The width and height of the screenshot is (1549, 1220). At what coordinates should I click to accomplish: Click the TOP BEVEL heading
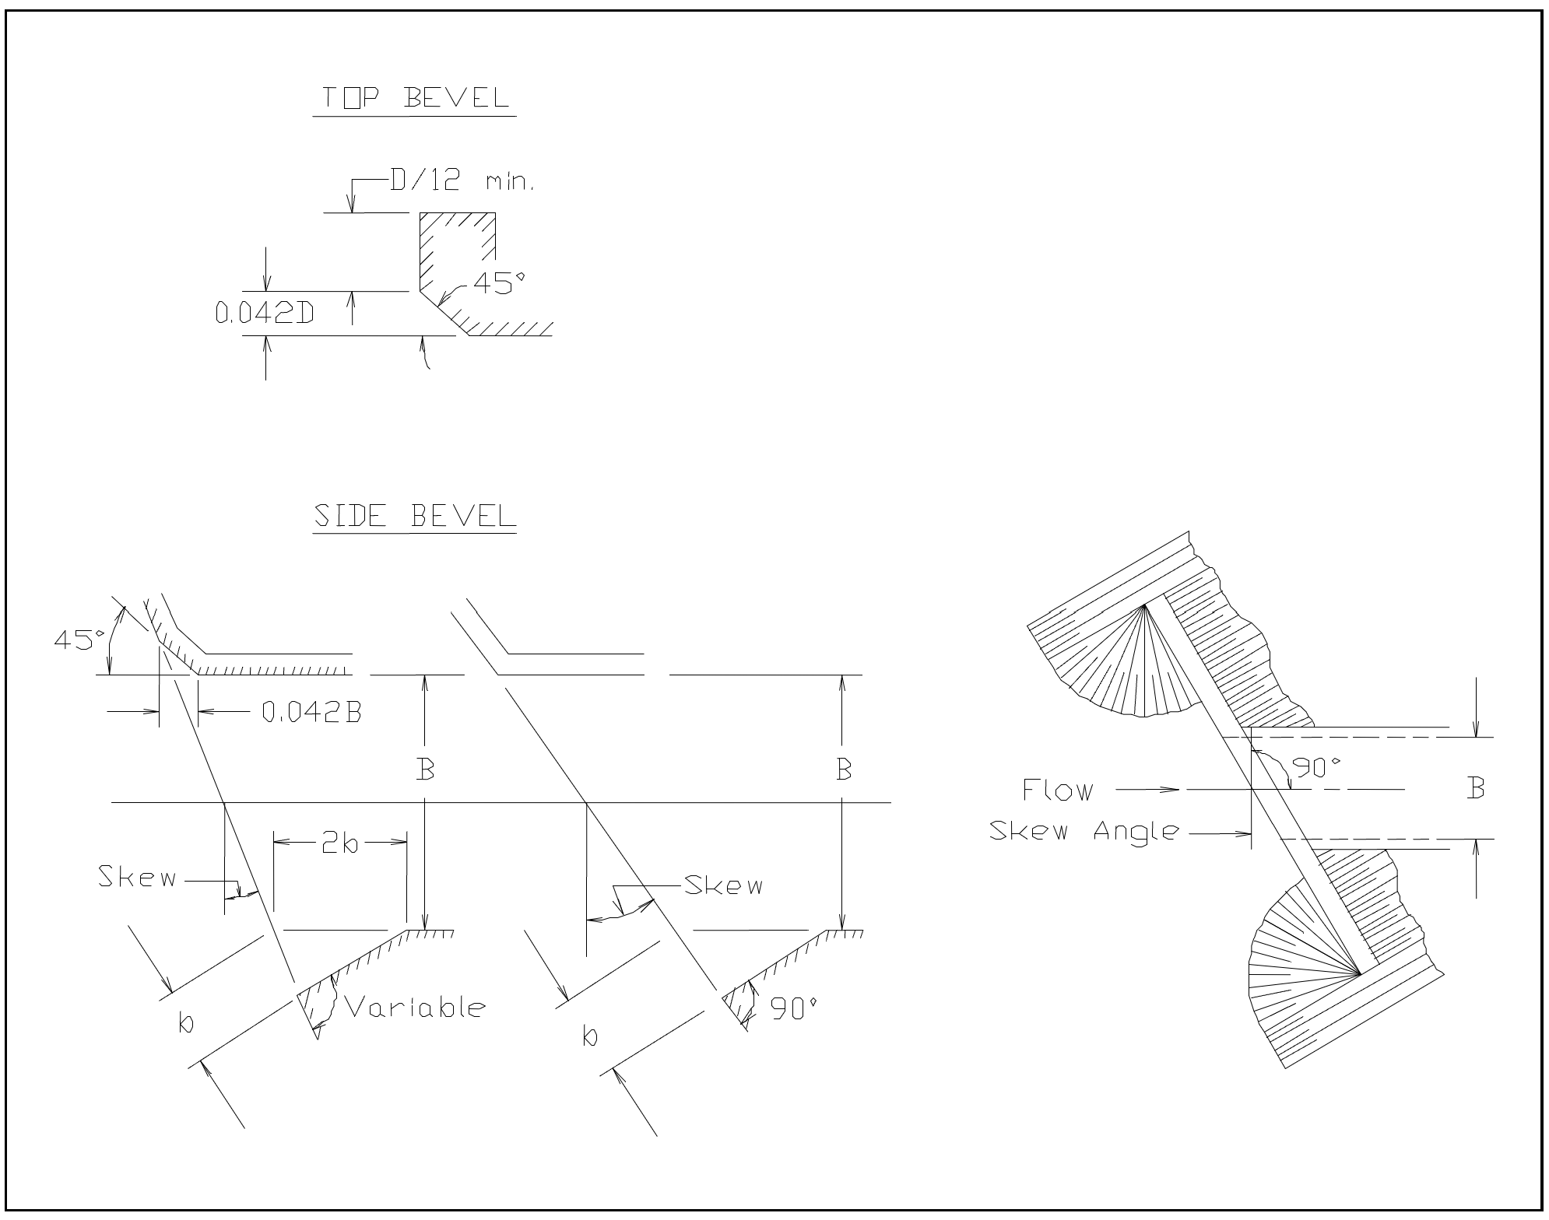[415, 98]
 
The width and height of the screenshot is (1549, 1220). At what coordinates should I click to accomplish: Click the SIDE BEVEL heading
[414, 516]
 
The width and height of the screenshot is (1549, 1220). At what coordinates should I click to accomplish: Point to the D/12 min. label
[461, 182]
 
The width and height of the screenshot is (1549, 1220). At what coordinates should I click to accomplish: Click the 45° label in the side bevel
[78, 640]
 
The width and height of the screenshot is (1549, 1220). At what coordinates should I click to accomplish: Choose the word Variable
[414, 1008]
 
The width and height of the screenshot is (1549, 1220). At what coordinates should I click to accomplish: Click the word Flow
[1057, 791]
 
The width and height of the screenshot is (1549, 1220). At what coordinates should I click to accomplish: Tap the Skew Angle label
[1084, 831]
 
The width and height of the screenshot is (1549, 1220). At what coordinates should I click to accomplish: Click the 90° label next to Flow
[1316, 767]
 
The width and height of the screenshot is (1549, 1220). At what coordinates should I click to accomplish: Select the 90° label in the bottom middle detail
[793, 1010]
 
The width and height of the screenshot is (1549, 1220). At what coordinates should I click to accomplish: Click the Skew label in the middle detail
[723, 885]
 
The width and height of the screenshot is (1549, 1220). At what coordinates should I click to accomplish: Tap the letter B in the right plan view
[1475, 789]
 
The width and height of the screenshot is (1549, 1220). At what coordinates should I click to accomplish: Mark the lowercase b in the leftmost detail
[186, 1024]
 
